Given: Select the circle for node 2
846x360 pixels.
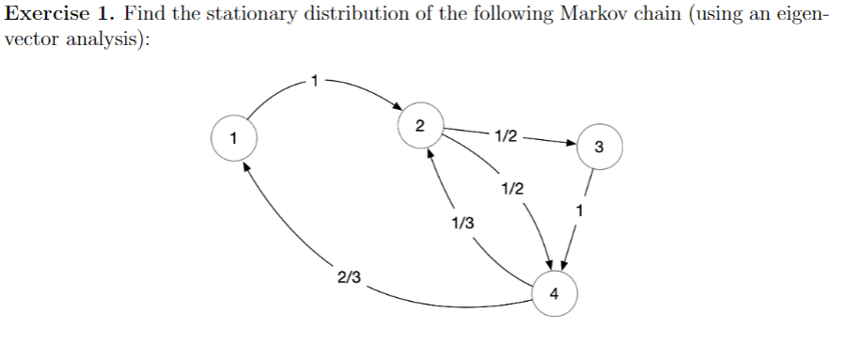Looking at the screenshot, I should click(419, 126).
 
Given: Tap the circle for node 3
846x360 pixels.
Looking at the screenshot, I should click(600, 147).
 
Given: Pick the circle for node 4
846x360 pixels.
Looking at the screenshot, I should click(555, 292).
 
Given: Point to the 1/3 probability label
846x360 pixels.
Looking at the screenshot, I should click(462, 223).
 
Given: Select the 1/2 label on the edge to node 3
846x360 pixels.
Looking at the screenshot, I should click(505, 137).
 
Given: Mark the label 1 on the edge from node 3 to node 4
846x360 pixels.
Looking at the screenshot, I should click(583, 210).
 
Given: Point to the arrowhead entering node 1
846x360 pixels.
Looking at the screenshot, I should click(246, 164).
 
